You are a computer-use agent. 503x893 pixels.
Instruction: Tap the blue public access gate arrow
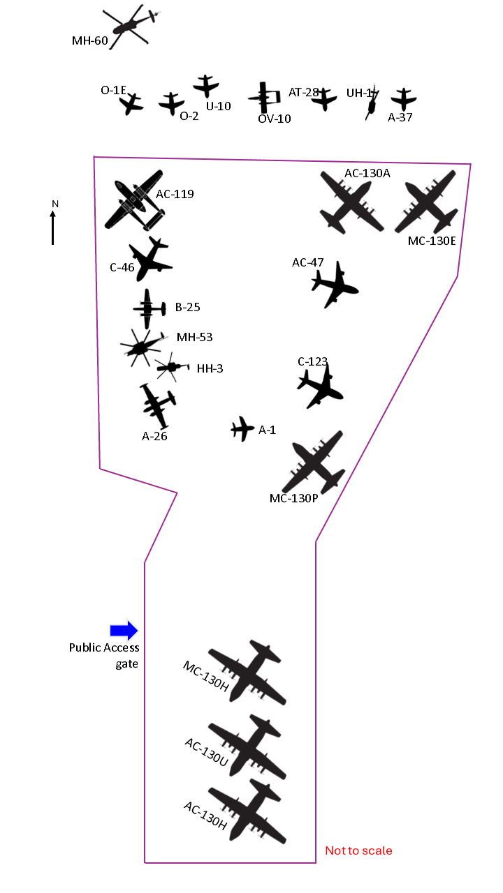click(x=124, y=631)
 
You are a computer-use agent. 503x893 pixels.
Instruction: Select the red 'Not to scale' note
click(x=358, y=850)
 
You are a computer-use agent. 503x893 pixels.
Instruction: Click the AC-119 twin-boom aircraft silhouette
click(x=135, y=200)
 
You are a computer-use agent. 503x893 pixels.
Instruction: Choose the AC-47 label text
click(x=307, y=263)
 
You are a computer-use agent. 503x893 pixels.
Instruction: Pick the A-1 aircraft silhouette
click(x=242, y=429)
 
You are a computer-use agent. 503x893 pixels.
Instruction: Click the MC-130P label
click(x=293, y=498)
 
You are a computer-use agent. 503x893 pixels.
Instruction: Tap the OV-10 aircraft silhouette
click(x=264, y=98)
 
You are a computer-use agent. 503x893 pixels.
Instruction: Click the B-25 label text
click(x=187, y=307)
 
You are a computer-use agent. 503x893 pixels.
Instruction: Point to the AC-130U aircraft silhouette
click(x=248, y=746)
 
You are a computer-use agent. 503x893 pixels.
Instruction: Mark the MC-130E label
click(x=432, y=241)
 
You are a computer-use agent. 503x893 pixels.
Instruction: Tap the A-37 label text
click(x=400, y=117)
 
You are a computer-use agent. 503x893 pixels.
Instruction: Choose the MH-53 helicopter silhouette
click(x=142, y=346)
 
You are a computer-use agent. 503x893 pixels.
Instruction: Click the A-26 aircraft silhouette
click(x=159, y=405)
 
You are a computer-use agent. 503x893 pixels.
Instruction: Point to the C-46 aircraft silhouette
click(x=149, y=260)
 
